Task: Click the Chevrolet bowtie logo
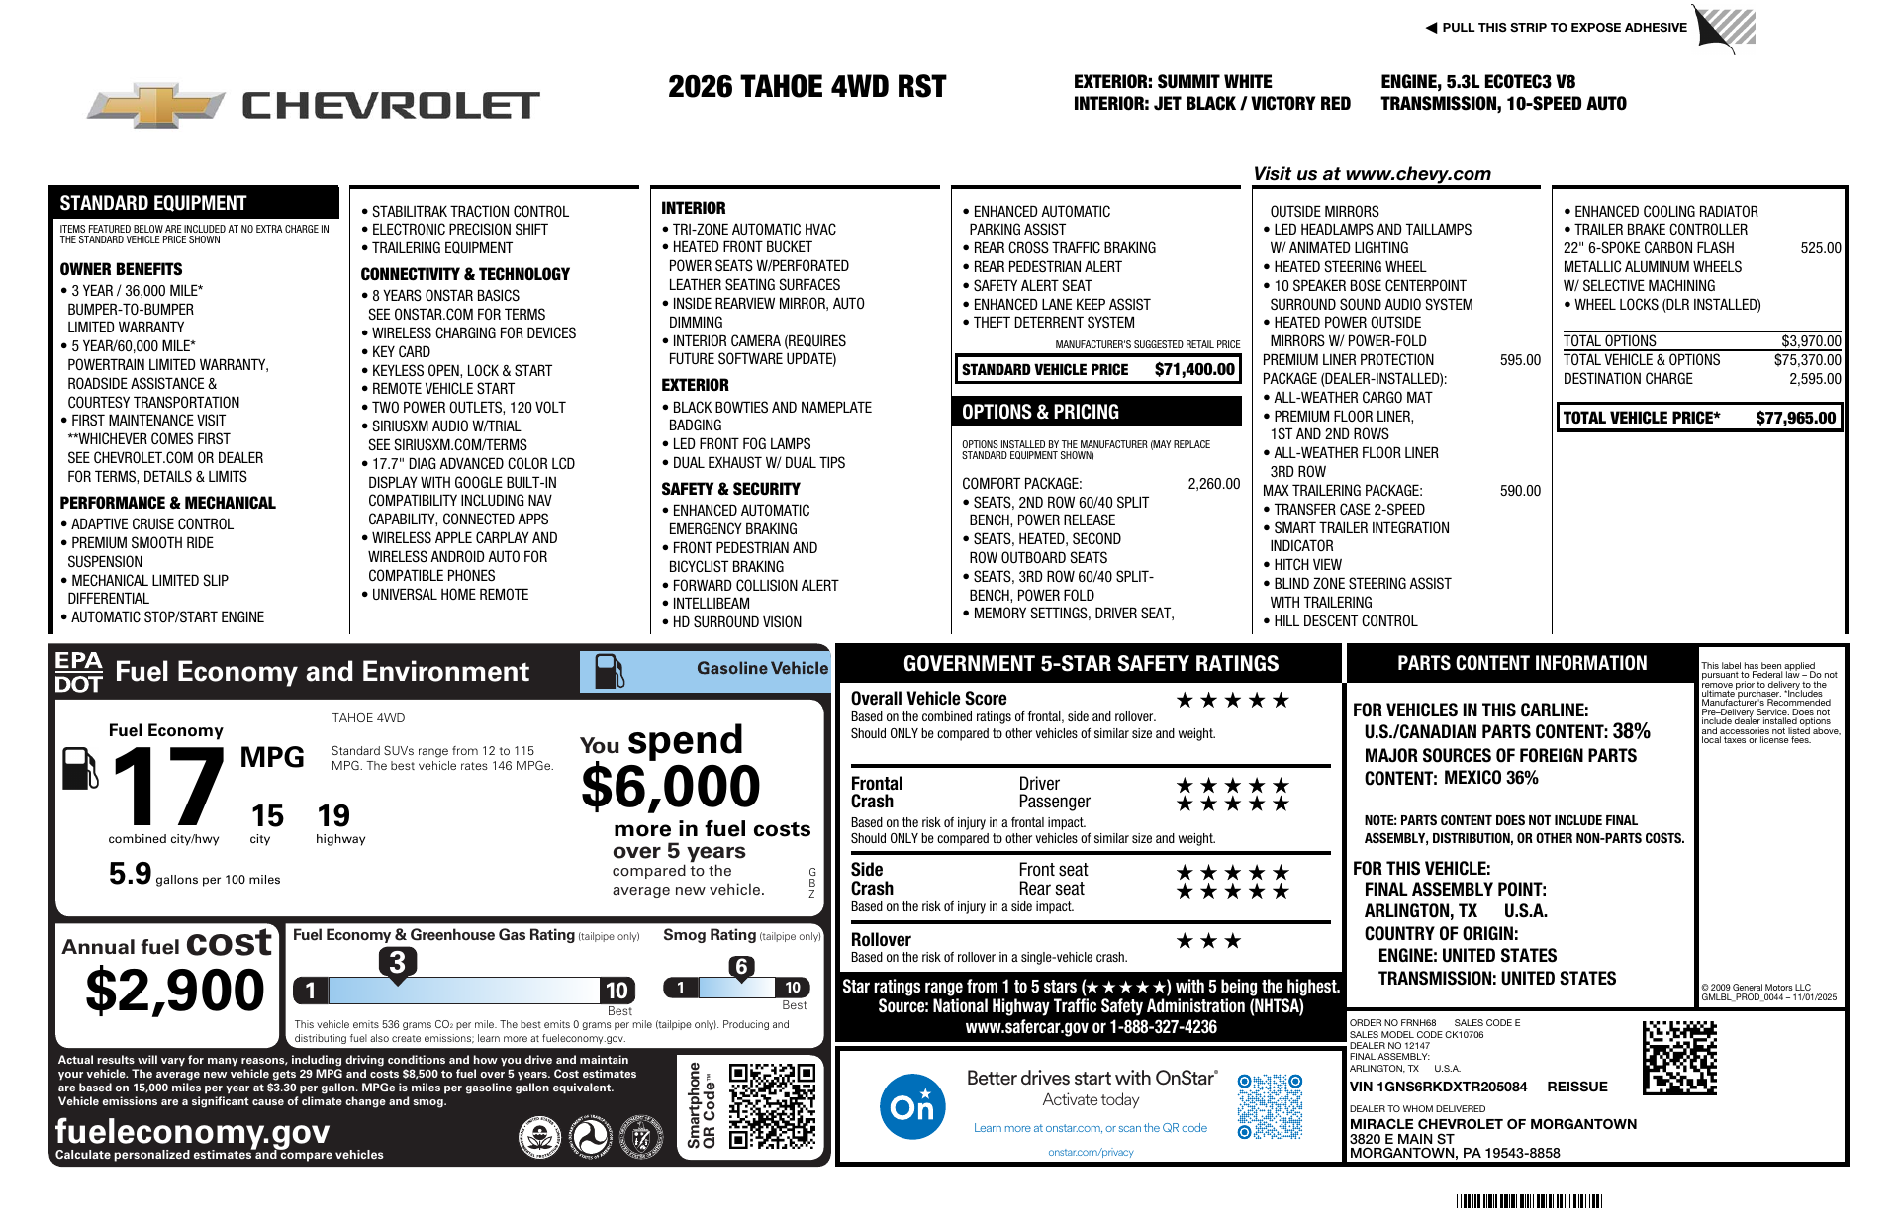(156, 105)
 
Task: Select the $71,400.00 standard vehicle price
(1194, 370)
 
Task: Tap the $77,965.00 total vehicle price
(1795, 418)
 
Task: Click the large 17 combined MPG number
(168, 787)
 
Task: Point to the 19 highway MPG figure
(333, 816)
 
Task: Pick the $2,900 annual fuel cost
(175, 991)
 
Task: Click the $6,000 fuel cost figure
(671, 788)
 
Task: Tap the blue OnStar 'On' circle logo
(911, 1106)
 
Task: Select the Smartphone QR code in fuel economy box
(772, 1105)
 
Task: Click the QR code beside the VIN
(1679, 1058)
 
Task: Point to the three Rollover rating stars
(1208, 941)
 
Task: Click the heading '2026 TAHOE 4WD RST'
(807, 87)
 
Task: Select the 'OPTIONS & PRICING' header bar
(1097, 412)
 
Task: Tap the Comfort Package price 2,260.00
(1213, 484)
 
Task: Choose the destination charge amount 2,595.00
(1815, 379)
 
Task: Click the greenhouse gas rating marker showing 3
(397, 962)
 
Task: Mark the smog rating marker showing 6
(741, 967)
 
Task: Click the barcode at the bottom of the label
(1529, 1201)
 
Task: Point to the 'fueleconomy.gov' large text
(193, 1131)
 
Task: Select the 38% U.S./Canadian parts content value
(1631, 731)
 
